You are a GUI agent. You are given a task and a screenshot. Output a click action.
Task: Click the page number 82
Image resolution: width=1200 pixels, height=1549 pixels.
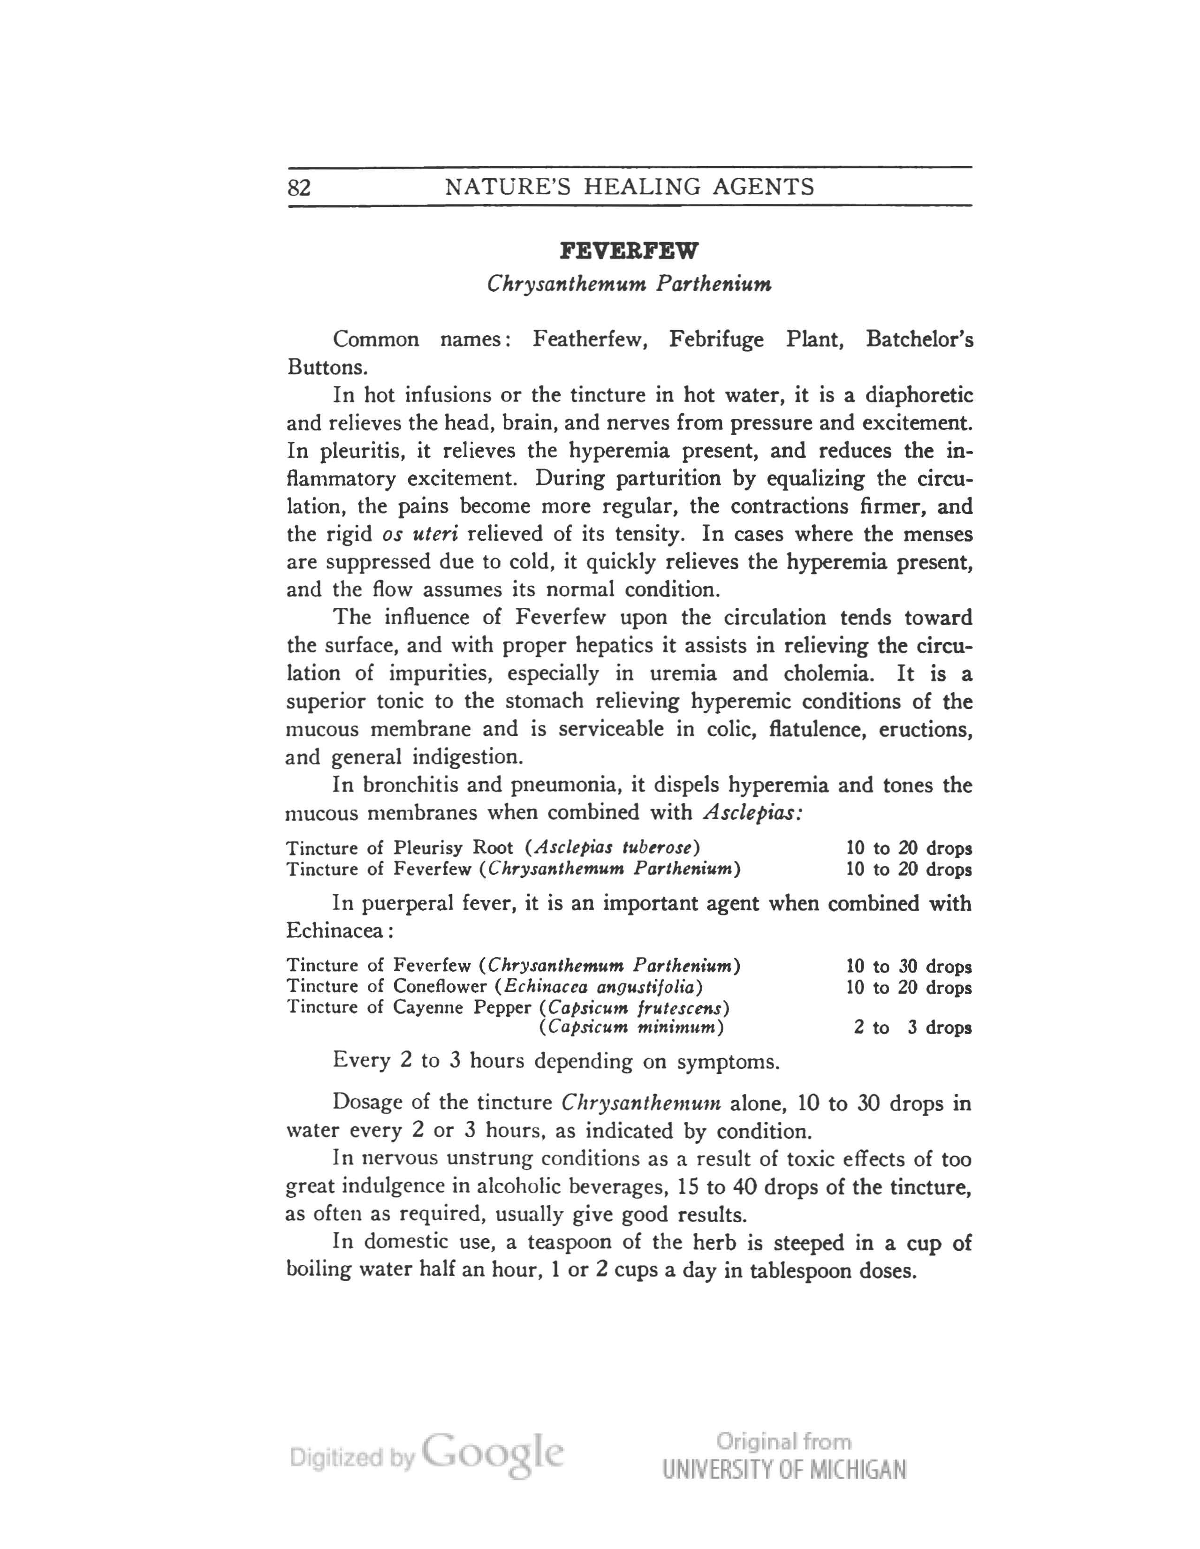299,187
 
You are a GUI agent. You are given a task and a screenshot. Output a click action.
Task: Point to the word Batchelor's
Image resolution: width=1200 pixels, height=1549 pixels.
919,339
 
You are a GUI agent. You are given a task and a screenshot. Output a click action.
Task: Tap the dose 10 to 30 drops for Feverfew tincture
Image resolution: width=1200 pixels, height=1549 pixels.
908,966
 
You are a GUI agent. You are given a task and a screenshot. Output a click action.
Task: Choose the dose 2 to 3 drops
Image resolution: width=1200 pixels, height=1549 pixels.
912,1028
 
